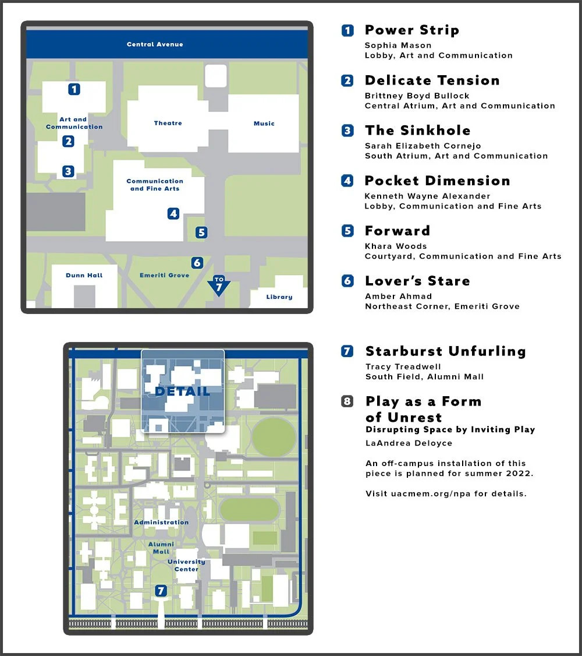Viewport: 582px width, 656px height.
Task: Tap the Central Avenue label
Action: click(x=155, y=44)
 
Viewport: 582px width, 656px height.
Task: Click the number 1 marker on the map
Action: click(x=74, y=89)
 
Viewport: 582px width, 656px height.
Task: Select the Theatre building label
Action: click(x=168, y=124)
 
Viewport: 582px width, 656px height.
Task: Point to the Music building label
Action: click(x=264, y=124)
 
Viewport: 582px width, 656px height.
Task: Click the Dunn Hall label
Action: click(x=84, y=276)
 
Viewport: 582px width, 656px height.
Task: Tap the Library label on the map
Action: click(x=279, y=297)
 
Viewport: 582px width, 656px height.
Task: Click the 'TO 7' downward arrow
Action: click(x=219, y=285)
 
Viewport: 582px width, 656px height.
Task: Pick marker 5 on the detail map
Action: click(x=201, y=232)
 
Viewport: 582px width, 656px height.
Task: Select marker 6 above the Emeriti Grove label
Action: click(x=197, y=263)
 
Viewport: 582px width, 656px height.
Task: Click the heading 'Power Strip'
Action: click(x=411, y=30)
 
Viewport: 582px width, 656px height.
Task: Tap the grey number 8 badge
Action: click(x=347, y=401)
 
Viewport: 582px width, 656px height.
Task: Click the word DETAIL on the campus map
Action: click(x=182, y=392)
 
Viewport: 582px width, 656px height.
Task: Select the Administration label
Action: click(x=161, y=523)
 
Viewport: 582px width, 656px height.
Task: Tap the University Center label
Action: click(x=186, y=565)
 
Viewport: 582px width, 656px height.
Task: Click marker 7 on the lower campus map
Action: click(x=161, y=591)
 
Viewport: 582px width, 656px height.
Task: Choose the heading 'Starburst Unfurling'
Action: click(x=445, y=351)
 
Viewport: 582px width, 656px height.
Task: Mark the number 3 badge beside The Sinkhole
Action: click(x=347, y=131)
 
